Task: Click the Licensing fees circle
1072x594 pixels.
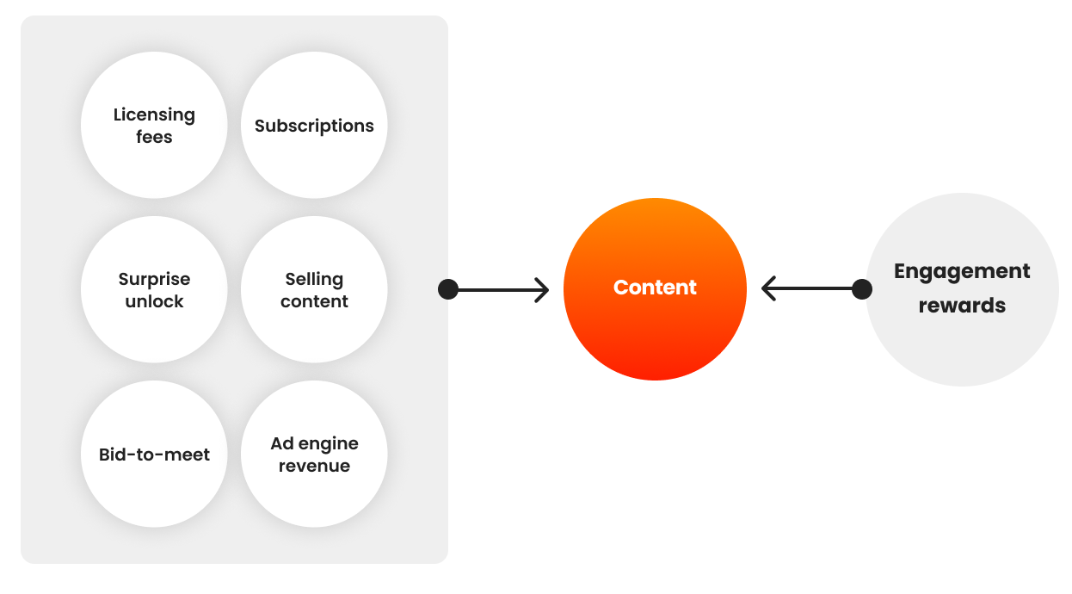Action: pyautogui.click(x=154, y=126)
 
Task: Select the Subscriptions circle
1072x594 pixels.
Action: pyautogui.click(x=314, y=126)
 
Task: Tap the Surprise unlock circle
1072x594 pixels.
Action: pyautogui.click(x=154, y=290)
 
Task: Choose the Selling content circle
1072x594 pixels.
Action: pyautogui.click(x=314, y=290)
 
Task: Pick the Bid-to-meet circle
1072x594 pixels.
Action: pyautogui.click(x=154, y=455)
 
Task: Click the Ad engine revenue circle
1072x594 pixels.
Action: pyautogui.click(x=314, y=455)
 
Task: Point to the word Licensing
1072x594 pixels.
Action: pyautogui.click(x=154, y=114)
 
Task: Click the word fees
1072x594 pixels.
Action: pyautogui.click(x=154, y=137)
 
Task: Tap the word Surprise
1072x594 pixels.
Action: pyautogui.click(x=154, y=279)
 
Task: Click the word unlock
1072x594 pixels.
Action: pyautogui.click(x=154, y=301)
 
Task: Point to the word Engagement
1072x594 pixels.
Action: pyautogui.click(x=962, y=271)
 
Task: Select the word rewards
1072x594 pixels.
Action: pyautogui.click(x=962, y=306)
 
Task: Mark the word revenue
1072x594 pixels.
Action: pyautogui.click(x=314, y=466)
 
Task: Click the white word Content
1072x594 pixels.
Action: pyautogui.click(x=655, y=288)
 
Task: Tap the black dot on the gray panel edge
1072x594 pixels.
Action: pyautogui.click(x=448, y=289)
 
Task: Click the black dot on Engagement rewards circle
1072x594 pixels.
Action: pyautogui.click(x=861, y=289)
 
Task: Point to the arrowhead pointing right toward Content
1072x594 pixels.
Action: pyautogui.click(x=542, y=289)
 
